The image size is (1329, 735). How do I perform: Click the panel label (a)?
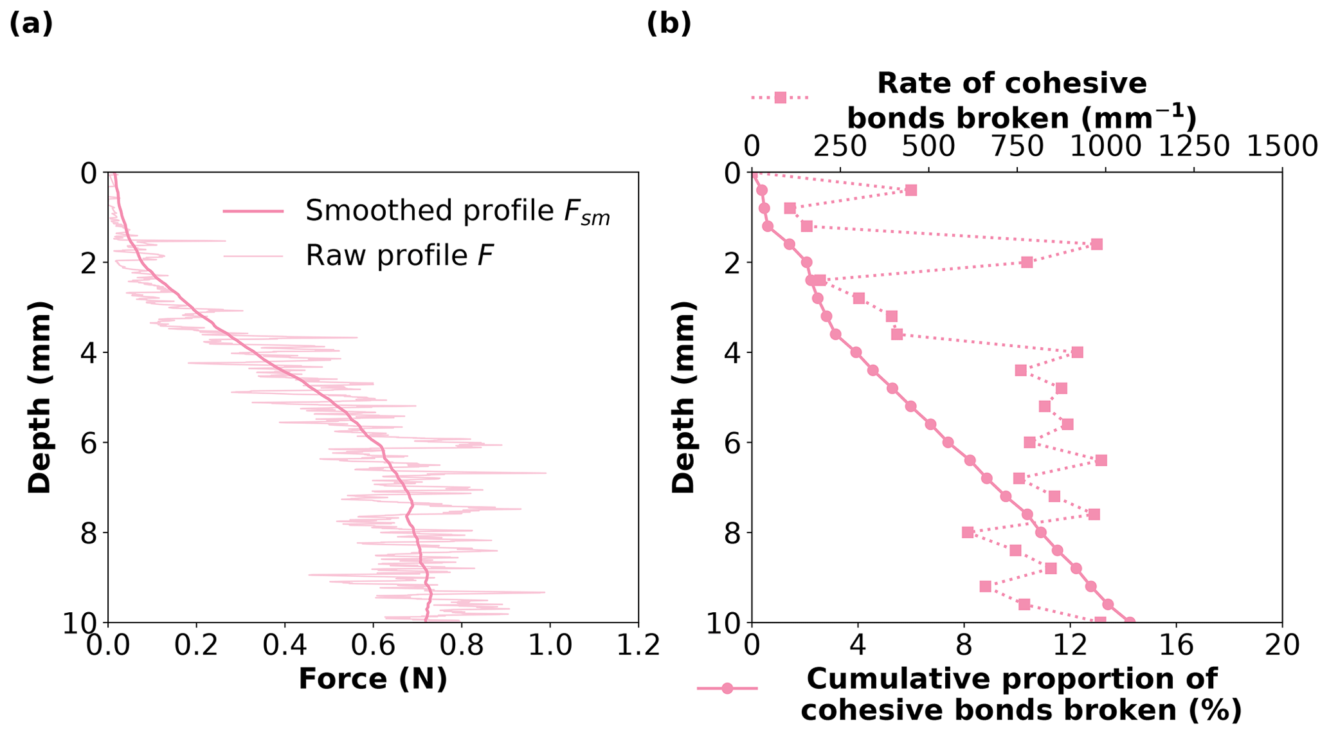click(x=31, y=24)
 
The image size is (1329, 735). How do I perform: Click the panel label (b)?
click(x=669, y=24)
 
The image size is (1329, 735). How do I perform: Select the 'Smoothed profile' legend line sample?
click(x=253, y=211)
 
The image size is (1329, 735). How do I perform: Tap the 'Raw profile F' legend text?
click(x=399, y=256)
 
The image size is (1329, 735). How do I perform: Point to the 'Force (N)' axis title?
click(x=372, y=679)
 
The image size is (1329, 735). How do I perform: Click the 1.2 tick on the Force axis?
click(x=638, y=646)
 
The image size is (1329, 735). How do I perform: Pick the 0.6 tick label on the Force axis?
click(x=373, y=646)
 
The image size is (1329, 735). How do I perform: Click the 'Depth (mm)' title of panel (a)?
click(x=40, y=397)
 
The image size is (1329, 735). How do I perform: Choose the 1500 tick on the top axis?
click(x=1282, y=147)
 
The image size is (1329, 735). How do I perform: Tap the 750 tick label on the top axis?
click(x=1017, y=147)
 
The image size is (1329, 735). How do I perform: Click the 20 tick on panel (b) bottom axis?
click(x=1282, y=646)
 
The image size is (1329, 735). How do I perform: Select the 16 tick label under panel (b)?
click(x=1176, y=646)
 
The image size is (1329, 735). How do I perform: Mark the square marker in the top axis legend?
click(x=781, y=98)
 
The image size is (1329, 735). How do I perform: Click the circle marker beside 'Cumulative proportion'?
click(x=727, y=689)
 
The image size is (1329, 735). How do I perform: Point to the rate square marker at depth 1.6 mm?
click(x=1096, y=244)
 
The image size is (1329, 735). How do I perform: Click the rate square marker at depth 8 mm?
click(x=968, y=532)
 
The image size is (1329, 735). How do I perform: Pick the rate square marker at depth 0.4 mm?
click(x=910, y=190)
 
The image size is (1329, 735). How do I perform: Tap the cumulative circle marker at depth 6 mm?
click(x=948, y=442)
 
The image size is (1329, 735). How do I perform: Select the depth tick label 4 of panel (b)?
click(x=730, y=352)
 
